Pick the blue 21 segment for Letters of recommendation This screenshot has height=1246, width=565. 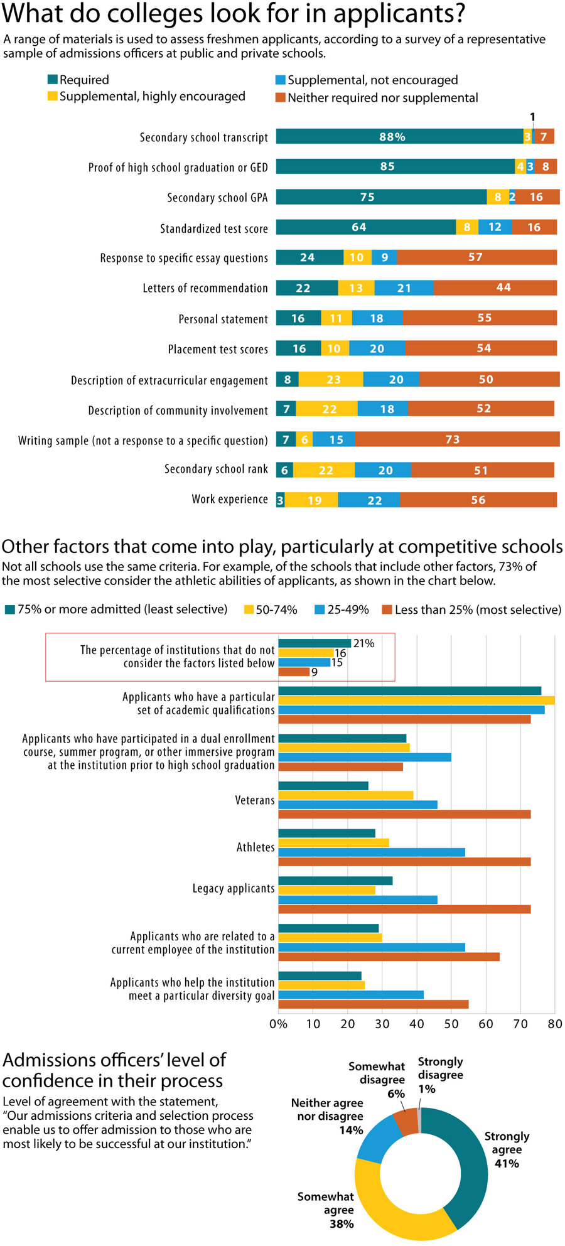(x=404, y=288)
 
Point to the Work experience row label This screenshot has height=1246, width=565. (x=229, y=500)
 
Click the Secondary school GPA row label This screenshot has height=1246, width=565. (x=217, y=198)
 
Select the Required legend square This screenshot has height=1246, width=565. (x=53, y=79)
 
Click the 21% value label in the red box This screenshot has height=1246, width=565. (x=363, y=643)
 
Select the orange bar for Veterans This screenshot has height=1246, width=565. (x=404, y=814)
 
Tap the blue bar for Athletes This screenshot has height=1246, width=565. (x=372, y=852)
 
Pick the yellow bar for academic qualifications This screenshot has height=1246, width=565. (x=416, y=701)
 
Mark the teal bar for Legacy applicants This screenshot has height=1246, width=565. (x=335, y=881)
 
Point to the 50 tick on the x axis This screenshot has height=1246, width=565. (x=451, y=1024)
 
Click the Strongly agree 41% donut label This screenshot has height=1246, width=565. (x=507, y=1149)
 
